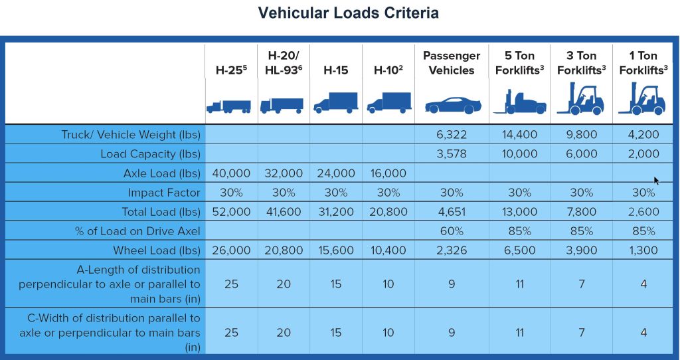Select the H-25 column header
click(230, 70)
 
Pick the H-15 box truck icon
click(335, 102)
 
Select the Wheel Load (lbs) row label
click(151, 250)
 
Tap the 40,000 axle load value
click(230, 173)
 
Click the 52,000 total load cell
click(230, 212)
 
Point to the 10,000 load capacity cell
click(519, 153)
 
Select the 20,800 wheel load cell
click(284, 250)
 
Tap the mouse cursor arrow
click(656, 180)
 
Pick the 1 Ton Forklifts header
click(643, 62)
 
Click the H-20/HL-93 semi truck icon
click(282, 105)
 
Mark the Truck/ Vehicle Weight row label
click(131, 134)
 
